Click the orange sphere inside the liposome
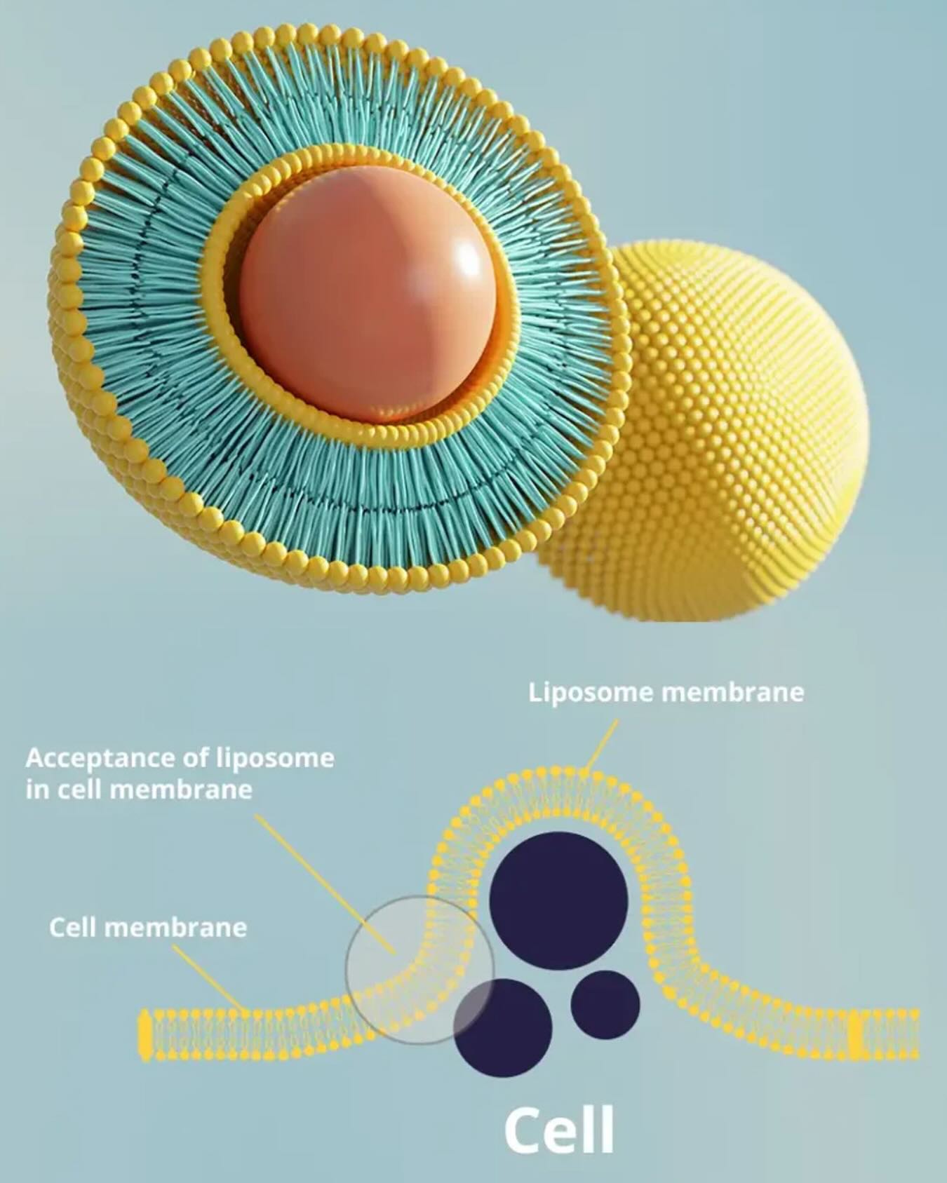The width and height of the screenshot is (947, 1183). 368,295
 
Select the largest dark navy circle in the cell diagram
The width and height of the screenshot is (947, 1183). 558,902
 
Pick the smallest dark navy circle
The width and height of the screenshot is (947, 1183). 605,1004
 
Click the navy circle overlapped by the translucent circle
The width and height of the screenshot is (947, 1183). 503,1028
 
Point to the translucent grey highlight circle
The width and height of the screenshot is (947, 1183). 420,970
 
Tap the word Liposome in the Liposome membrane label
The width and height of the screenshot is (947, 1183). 592,694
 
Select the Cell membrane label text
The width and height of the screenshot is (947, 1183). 148,928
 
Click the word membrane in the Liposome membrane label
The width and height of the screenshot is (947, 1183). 733,693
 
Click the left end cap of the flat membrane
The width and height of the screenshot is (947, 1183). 145,1034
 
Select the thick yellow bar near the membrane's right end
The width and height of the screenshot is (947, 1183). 855,1034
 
